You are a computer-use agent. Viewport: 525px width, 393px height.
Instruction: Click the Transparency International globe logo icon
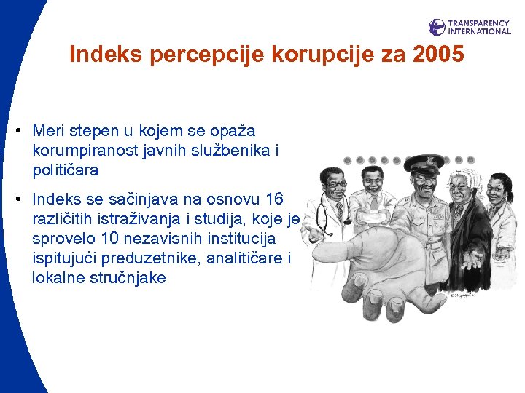437,27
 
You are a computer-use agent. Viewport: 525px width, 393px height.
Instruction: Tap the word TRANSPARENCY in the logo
479,23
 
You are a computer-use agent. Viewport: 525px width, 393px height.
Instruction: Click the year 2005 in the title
437,55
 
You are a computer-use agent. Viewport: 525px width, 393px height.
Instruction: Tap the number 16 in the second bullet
276,199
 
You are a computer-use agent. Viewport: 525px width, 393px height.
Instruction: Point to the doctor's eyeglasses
336,185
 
